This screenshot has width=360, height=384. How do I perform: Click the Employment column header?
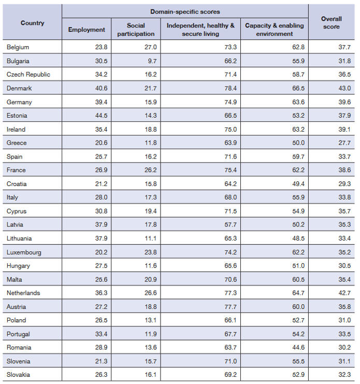pos(87,30)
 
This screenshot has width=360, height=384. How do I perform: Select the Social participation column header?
pos(136,30)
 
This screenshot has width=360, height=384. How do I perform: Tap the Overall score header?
pos(332,22)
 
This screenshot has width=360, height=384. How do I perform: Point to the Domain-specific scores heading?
pos(185,11)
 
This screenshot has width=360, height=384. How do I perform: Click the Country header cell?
pos(32,23)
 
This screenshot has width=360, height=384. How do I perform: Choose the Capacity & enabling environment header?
pos(275,30)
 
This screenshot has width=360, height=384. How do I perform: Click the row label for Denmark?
pos(19,88)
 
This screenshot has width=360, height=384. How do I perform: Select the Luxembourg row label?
pos(24,252)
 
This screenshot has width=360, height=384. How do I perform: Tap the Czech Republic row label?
pos(28,74)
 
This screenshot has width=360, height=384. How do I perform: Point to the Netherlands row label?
pos(23,293)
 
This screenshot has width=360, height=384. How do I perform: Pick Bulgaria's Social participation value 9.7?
pos(151,61)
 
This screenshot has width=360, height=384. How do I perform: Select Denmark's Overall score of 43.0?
pos(344,88)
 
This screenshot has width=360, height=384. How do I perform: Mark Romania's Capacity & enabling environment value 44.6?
pos(298,348)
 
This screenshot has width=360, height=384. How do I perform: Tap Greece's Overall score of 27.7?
pos(344,143)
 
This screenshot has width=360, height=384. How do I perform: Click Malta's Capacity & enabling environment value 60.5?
pos(298,279)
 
